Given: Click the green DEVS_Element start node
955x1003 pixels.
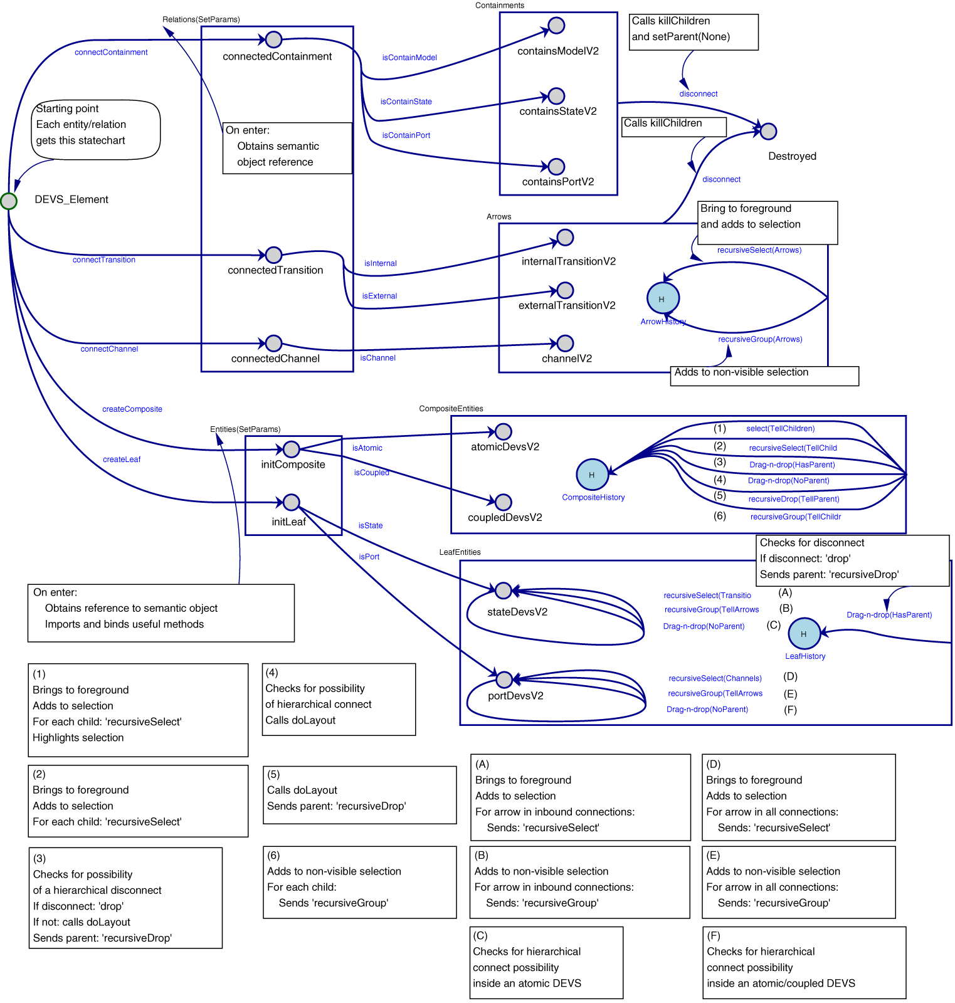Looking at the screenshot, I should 9,201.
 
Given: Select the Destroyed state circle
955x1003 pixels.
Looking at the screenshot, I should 768,131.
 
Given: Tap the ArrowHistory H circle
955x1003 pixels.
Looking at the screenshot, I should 663,298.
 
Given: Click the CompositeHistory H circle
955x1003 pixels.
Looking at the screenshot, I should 592,475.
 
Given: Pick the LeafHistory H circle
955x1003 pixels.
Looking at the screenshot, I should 804,634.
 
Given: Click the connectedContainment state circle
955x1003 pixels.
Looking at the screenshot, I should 273,39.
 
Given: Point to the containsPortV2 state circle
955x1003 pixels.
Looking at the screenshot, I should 556,167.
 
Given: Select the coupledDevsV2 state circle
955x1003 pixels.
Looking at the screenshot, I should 503,502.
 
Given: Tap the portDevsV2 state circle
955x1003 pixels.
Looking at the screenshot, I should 504,680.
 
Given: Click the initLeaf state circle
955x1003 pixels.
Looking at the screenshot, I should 291,502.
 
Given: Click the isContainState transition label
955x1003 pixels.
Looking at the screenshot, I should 406,102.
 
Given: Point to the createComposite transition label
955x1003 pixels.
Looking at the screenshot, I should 132,409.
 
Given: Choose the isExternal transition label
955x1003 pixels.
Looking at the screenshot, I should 379,296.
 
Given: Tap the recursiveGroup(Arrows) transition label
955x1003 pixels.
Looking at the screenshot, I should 760,339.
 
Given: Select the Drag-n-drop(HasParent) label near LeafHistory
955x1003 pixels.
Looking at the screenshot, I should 889,615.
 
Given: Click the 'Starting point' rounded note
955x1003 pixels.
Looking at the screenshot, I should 95,129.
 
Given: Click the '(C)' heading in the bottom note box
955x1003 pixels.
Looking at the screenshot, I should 480,935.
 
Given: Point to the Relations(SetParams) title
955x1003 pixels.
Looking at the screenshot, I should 201,19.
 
